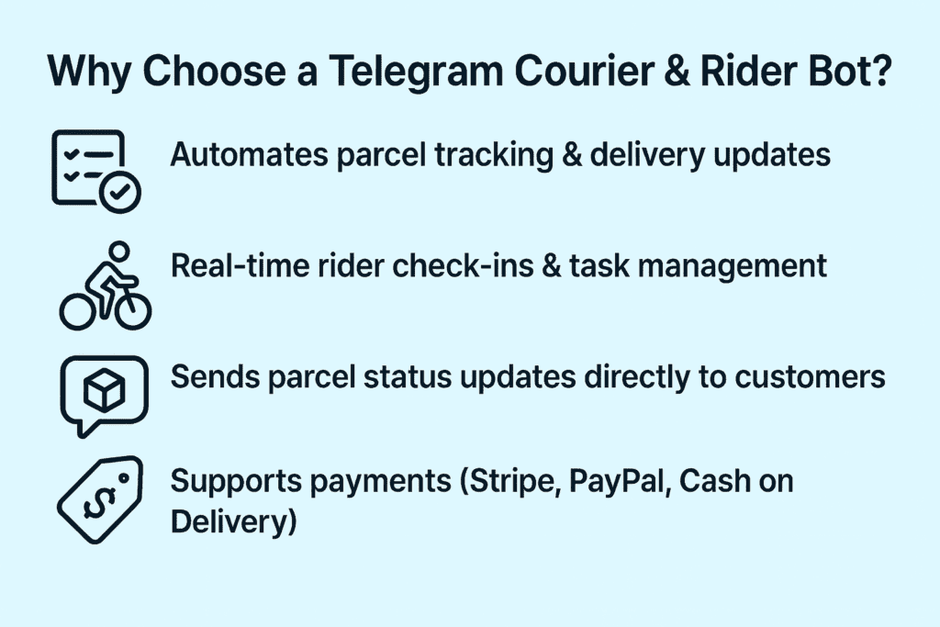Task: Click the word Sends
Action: point(202,378)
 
